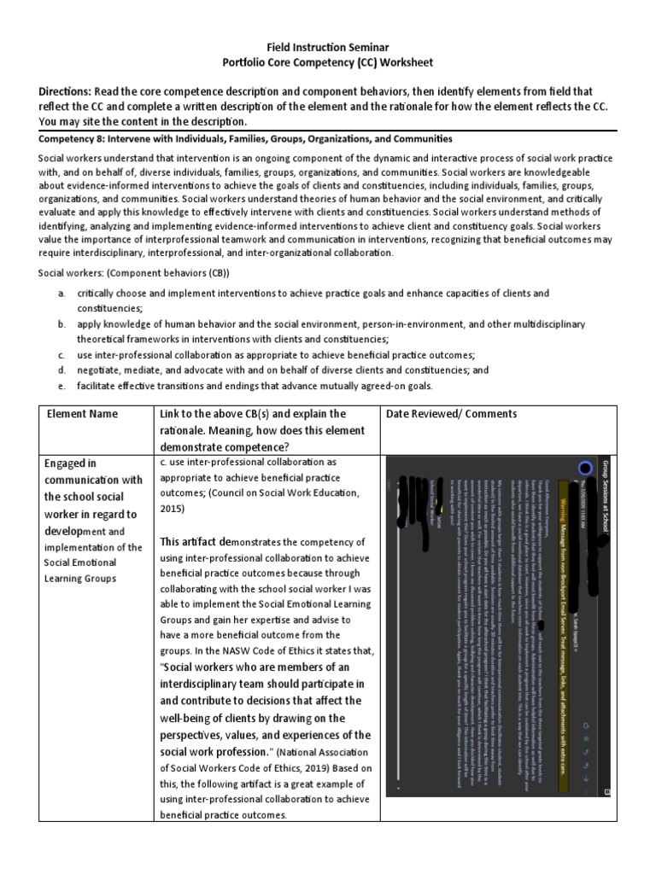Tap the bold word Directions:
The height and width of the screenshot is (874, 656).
tap(65, 91)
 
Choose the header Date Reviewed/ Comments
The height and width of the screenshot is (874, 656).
tap(450, 414)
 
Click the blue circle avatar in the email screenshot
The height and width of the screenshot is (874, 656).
tap(584, 469)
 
